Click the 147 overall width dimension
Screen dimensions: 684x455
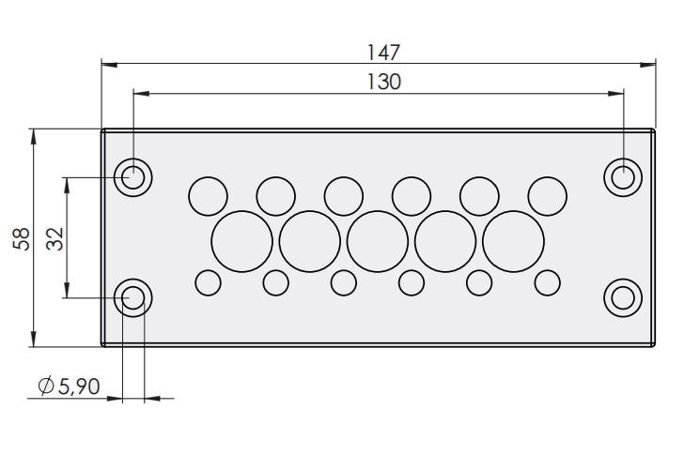click(383, 53)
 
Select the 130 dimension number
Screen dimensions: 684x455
click(384, 82)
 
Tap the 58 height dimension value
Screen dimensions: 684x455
click(22, 238)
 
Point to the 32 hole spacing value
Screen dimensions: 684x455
click(55, 238)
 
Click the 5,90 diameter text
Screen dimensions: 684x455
click(79, 387)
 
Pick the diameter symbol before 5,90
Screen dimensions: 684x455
click(46, 386)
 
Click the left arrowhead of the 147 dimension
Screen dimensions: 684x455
click(109, 65)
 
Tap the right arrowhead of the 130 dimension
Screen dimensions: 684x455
click(615, 93)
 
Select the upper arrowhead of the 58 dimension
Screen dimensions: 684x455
click(34, 137)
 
